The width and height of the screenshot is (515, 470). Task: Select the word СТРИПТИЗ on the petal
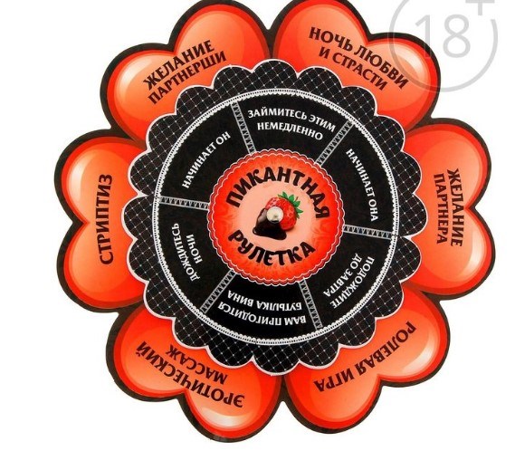point(105,218)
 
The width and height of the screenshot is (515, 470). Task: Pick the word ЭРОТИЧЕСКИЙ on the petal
point(190,375)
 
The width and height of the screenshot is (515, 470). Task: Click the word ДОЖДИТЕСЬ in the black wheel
point(181,251)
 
